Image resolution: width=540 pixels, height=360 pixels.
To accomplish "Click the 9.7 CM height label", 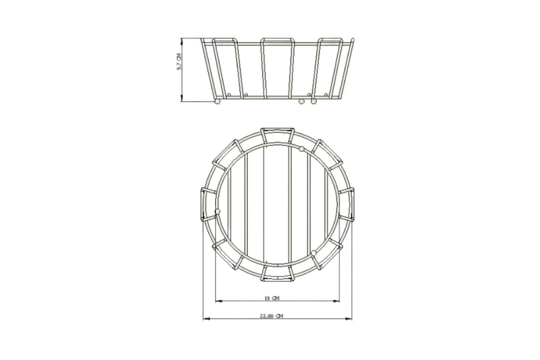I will [179, 62].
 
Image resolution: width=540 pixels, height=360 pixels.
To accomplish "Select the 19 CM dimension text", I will [272, 298].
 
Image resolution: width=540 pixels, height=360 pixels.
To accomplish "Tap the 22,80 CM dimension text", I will [272, 316].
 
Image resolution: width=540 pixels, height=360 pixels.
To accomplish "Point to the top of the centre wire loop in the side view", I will [277, 40].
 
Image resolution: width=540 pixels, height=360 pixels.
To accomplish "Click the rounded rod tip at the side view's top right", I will [353, 40].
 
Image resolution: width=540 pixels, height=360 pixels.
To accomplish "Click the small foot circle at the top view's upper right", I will [302, 149].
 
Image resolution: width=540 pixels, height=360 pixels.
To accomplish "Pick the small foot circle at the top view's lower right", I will [314, 254].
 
